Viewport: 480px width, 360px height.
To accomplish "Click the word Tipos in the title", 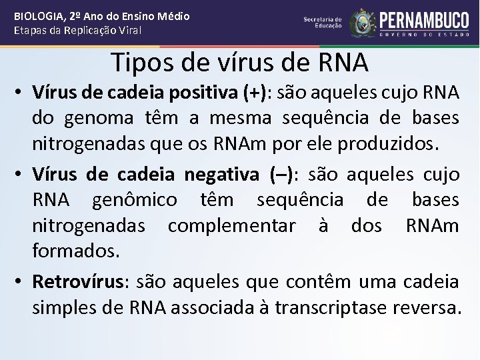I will point(139,62).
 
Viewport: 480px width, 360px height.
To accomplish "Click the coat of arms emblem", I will point(363,23).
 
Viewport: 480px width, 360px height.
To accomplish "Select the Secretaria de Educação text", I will point(323,23).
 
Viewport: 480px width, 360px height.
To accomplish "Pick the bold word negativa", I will point(221,175).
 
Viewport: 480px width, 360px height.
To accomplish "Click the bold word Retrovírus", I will point(79,282).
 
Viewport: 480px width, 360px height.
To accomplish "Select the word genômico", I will point(135,199).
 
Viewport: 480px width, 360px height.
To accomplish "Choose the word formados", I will point(76,251).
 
